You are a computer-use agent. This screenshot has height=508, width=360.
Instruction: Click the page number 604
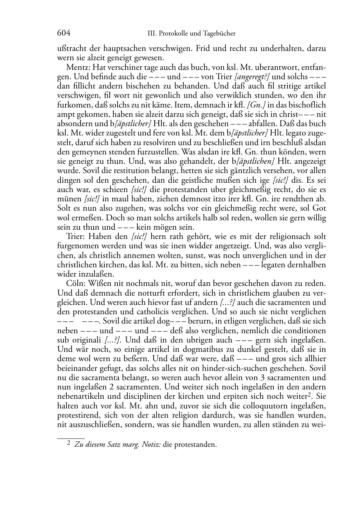click(x=63, y=33)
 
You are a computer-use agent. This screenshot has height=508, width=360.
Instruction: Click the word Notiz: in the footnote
click(x=152, y=445)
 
